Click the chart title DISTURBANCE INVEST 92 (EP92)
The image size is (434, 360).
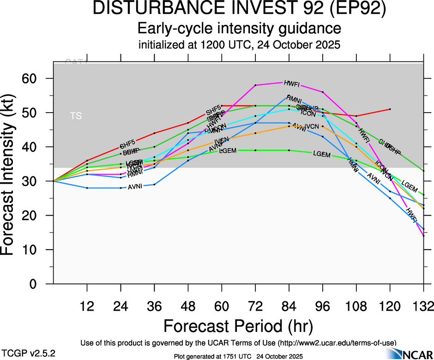point(240,10)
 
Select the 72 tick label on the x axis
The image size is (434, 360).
point(255,306)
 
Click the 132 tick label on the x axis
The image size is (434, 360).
point(423,306)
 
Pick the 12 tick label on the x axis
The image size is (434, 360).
point(87,306)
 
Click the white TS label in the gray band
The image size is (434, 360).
point(76,116)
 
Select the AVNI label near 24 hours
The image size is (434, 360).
point(135,186)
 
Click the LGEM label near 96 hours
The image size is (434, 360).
point(322,154)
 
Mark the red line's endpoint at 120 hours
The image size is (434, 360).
point(390,109)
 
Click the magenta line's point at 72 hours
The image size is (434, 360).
point(255,85)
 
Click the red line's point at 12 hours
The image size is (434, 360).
point(87,160)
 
